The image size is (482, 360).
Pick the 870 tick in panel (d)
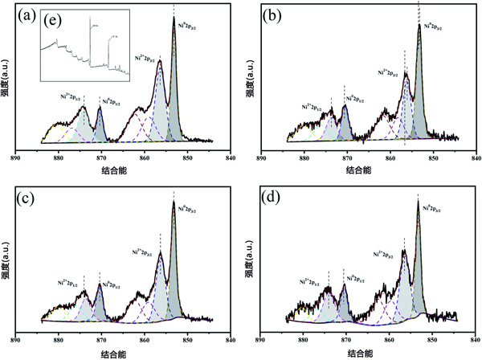click(346, 338)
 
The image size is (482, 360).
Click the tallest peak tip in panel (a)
click(174, 18)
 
